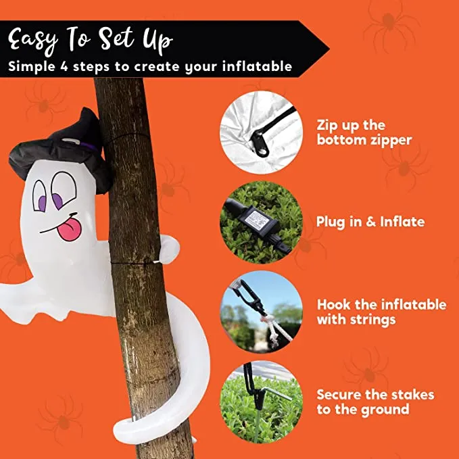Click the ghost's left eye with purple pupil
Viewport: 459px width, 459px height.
coord(40,196)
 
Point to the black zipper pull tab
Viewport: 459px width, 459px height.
coord(260,144)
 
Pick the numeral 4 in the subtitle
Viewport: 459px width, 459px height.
coord(64,66)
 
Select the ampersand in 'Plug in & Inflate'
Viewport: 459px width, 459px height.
coord(370,222)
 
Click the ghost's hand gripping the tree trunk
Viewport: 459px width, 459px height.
coord(169,249)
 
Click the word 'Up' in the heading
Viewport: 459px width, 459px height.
coord(158,41)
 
